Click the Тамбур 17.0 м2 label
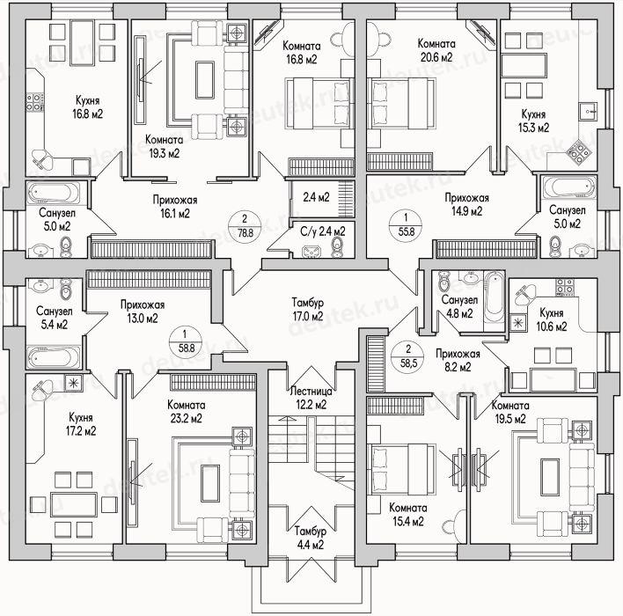pyautogui.click(x=307, y=309)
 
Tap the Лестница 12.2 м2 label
pyautogui.click(x=311, y=398)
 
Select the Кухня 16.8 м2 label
pyautogui.click(x=87, y=107)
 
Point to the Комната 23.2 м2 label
pyautogui.click(x=187, y=411)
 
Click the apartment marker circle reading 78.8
pyautogui.click(x=246, y=226)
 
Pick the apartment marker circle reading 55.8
pyautogui.click(x=406, y=224)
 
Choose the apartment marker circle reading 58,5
pyautogui.click(x=408, y=356)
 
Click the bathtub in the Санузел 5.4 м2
pyautogui.click(x=54, y=357)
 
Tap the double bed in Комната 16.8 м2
pyautogui.click(x=319, y=104)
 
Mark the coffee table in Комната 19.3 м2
pyautogui.click(x=205, y=80)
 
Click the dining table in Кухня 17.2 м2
pyautogui.click(x=74, y=504)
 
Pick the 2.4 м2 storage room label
pyautogui.click(x=316, y=197)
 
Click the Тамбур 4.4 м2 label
pyautogui.click(x=311, y=538)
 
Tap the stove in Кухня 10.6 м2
pyautogui.click(x=565, y=287)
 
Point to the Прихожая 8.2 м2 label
pyautogui.click(x=458, y=360)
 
